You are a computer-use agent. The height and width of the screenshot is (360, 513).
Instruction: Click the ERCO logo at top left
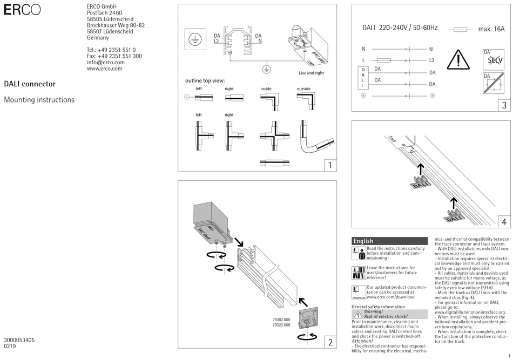click(22, 11)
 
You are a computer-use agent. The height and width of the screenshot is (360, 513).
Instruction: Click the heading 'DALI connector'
click(30, 84)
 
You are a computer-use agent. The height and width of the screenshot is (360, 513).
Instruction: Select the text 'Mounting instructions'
click(39, 100)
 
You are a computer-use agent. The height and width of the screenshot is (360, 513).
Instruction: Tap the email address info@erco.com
click(105, 62)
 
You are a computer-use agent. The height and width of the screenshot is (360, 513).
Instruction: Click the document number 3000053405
click(19, 340)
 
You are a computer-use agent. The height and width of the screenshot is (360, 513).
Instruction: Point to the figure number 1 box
click(329, 165)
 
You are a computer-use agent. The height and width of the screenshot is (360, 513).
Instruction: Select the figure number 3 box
click(503, 105)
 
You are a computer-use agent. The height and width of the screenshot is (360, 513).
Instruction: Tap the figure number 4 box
click(503, 221)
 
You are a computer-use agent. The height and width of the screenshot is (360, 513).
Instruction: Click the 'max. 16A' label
click(491, 29)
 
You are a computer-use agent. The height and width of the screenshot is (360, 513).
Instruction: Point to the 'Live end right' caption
click(311, 73)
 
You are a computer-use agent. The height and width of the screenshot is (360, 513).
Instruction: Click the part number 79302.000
click(281, 320)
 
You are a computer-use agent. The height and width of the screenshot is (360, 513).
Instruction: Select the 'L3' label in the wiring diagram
click(431, 60)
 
